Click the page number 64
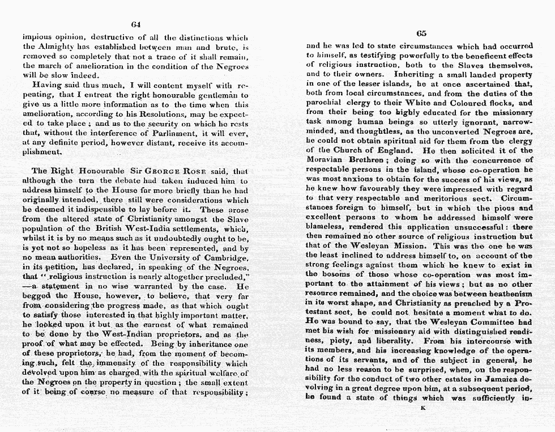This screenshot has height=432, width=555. point(135,24)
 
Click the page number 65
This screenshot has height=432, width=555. point(420,33)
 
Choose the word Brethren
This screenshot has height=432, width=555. point(370,160)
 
